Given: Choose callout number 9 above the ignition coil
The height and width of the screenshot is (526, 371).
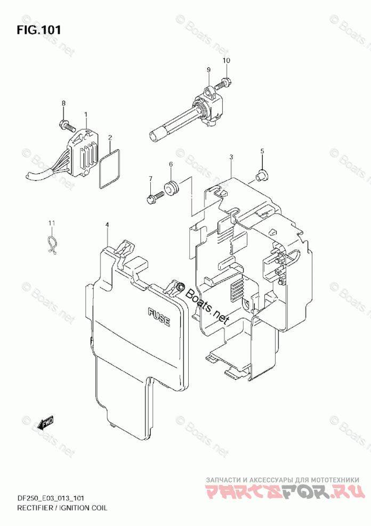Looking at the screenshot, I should pos(209,70).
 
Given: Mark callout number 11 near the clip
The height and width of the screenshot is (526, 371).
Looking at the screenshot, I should pos(52,222).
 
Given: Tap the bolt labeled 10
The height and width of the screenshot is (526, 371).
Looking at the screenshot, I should pos(225,83).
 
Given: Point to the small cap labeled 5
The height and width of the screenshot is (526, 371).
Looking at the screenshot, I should pos(261,173).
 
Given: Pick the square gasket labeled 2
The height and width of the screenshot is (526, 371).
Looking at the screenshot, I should pos(109,168).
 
